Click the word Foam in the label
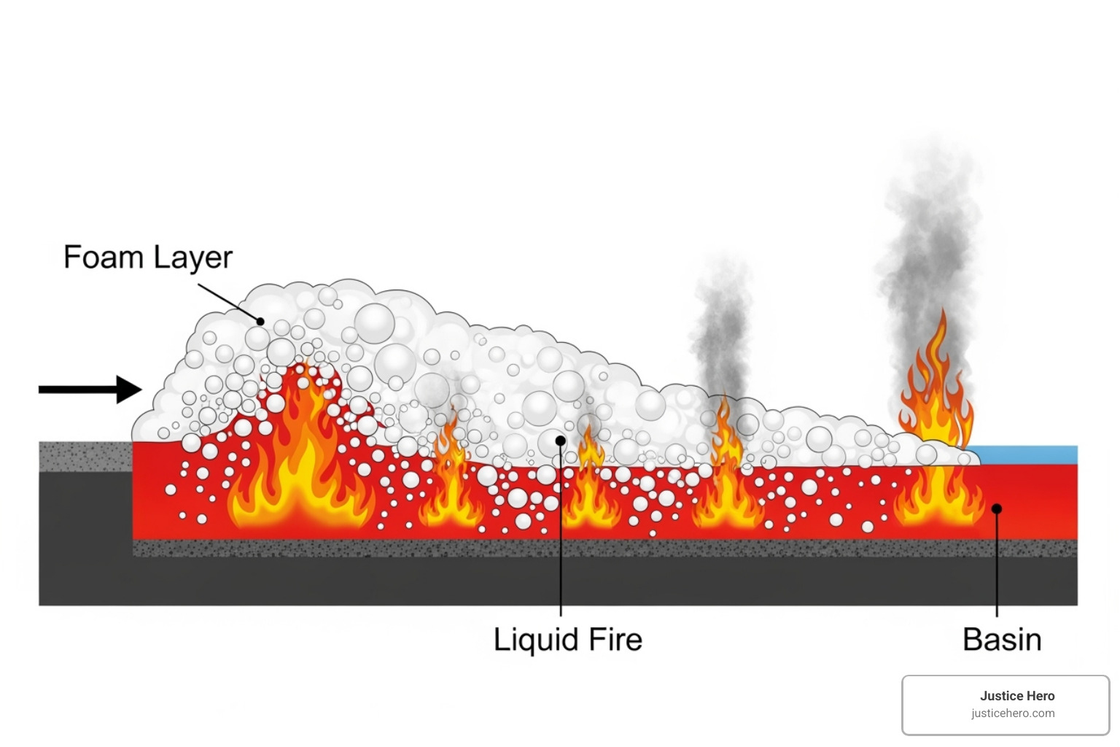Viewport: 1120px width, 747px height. point(103,258)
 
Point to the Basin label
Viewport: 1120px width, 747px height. point(1002,640)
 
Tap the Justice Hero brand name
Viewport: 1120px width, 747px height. point(1017,696)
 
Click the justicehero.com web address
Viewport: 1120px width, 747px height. point(1013,713)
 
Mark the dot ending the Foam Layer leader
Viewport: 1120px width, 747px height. point(260,321)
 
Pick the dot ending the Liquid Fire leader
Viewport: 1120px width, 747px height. point(560,441)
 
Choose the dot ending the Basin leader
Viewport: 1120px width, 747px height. point(997,508)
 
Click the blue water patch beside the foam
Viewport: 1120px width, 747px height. point(1028,454)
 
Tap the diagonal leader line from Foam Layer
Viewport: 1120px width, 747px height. point(228,303)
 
